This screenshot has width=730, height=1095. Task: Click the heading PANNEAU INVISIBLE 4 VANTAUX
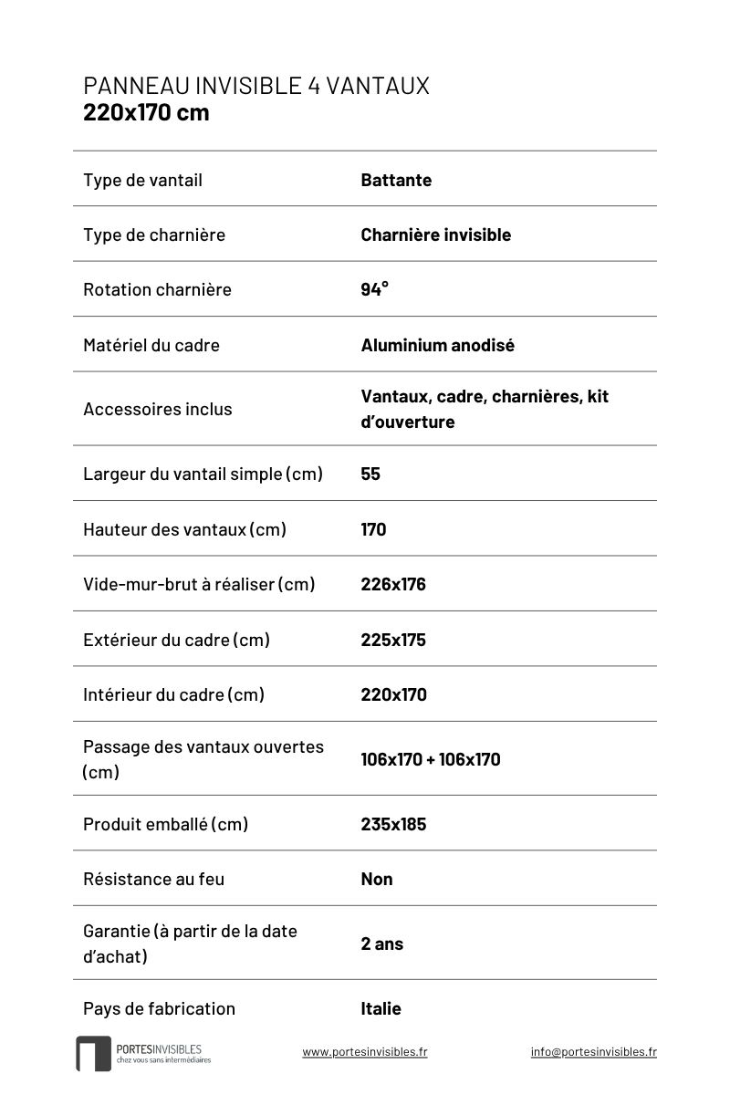pos(255,86)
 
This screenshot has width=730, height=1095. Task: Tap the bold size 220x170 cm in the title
pos(146,112)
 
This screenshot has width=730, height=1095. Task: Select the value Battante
pos(396,180)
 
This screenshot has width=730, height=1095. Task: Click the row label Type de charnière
pos(153,235)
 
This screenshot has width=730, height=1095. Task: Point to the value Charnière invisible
pos(435,235)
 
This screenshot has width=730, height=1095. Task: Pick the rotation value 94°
pos(374,289)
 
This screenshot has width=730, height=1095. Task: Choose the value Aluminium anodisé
pos(437,345)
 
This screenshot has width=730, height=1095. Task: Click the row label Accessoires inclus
pos(157,409)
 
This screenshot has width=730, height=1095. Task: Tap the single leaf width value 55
pos(370,474)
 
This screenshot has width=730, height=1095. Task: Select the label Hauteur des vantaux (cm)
pos(184,529)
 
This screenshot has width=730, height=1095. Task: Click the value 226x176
pos(393,584)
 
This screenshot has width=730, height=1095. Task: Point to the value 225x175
pos(393,640)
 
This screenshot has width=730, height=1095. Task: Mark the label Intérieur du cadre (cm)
pos(173,694)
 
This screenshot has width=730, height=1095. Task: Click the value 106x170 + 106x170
pos(431,759)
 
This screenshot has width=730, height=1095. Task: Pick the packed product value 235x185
pos(393,824)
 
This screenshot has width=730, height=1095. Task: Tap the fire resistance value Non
pos(377,879)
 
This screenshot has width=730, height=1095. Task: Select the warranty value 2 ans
pos(381,944)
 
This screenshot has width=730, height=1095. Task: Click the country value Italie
pos(381,1008)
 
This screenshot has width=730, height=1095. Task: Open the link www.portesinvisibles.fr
pos(364,1051)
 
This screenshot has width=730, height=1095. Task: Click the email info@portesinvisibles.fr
pos(593,1051)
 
